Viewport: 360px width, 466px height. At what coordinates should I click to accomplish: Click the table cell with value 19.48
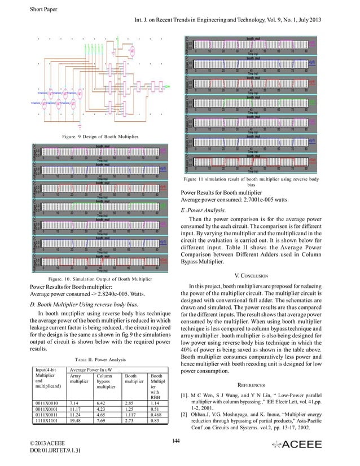coord(76,420)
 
